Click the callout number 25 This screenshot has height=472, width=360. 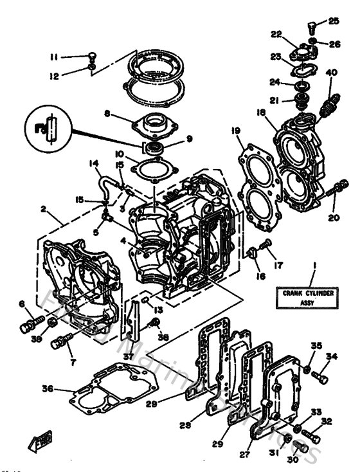333,21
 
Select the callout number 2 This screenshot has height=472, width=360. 44,209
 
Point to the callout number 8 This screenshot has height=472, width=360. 108,114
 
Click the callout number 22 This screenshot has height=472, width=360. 276,35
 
